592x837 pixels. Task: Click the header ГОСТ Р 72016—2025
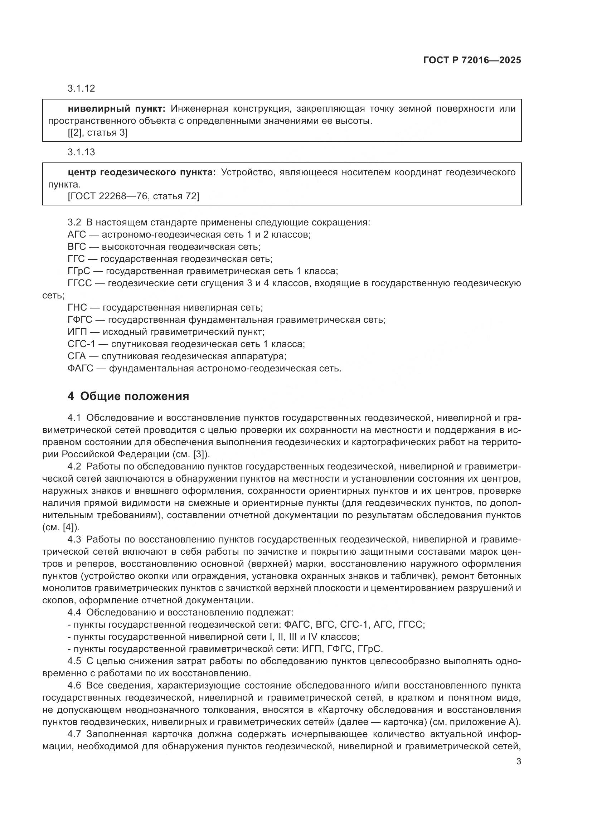point(472,60)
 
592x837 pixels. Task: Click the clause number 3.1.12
point(81,88)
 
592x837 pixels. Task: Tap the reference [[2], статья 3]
point(97,133)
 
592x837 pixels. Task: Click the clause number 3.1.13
point(81,152)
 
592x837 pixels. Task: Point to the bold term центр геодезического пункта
point(142,172)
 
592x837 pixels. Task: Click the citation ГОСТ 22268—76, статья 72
point(134,196)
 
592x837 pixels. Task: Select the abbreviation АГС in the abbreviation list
point(77,234)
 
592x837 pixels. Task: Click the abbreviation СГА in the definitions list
point(76,356)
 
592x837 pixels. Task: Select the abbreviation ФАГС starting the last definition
point(79,368)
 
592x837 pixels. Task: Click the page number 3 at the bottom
point(518,761)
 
